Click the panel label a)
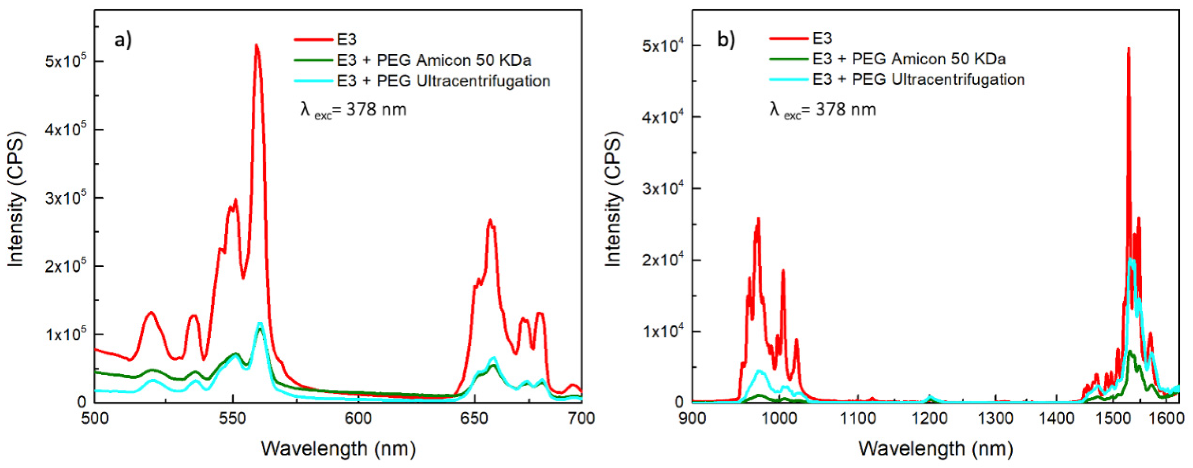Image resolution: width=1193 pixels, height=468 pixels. [x=123, y=40]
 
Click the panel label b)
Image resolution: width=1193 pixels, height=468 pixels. [x=726, y=40]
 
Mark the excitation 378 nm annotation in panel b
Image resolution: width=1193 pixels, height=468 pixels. [x=823, y=110]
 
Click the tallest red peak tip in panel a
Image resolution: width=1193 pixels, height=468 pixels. [x=256, y=45]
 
